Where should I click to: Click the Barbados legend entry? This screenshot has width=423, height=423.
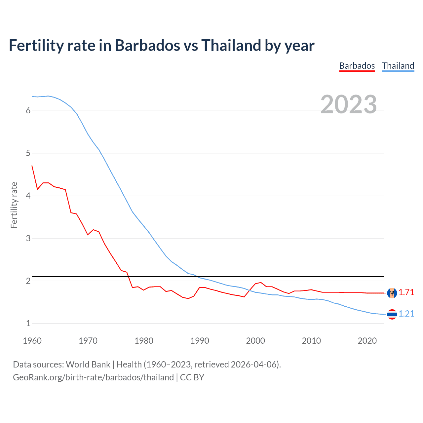coord(357,66)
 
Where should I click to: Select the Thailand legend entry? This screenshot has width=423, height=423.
coord(398,66)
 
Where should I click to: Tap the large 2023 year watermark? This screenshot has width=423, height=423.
coord(348,104)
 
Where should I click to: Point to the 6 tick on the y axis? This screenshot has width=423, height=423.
coord(28,111)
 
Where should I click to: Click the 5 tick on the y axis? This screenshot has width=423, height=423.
coord(28,153)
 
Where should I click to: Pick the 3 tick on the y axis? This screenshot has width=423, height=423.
coord(28,238)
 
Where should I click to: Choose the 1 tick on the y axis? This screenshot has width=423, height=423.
coord(28,324)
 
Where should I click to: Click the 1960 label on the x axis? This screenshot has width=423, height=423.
coord(32,341)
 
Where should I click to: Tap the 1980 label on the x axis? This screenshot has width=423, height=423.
coord(144,341)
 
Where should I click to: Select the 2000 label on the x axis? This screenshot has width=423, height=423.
coord(255,341)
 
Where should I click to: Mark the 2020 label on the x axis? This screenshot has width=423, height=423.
coord(367,341)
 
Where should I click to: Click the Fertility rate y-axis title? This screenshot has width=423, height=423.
coord(14,205)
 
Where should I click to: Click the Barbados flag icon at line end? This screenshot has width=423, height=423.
coord(392,293)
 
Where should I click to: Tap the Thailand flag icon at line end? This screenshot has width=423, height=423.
coord(392,314)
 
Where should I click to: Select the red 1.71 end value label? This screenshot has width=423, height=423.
coord(406,292)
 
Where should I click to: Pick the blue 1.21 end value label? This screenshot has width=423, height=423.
coord(406,314)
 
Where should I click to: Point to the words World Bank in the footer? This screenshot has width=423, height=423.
coord(88,365)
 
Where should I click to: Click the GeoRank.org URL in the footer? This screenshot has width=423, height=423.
coord(93,377)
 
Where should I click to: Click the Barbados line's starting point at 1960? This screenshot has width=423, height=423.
coord(32,166)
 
